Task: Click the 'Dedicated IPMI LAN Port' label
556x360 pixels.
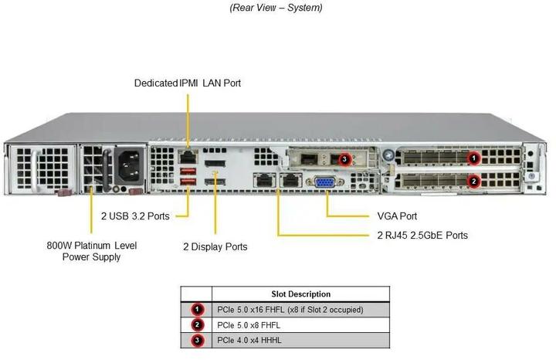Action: pyautogui.click(x=192, y=83)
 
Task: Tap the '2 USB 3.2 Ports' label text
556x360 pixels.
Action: pyautogui.click(x=136, y=216)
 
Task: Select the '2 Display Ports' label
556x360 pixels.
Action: pyautogui.click(x=215, y=246)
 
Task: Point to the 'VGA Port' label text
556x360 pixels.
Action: pyautogui.click(x=398, y=216)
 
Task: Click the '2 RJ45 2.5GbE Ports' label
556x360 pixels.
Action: pyautogui.click(x=422, y=235)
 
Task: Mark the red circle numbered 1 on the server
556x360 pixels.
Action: pyautogui.click(x=475, y=158)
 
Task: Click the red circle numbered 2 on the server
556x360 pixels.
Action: pyautogui.click(x=475, y=182)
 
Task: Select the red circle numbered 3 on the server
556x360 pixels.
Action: pyautogui.click(x=346, y=159)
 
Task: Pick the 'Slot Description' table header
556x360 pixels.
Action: pyautogui.click(x=301, y=294)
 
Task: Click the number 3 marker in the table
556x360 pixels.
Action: pyautogui.click(x=197, y=340)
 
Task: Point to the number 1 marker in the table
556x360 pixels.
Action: pyautogui.click(x=197, y=309)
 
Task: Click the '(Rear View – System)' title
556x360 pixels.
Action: pyautogui.click(x=276, y=8)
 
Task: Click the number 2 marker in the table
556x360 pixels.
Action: pyautogui.click(x=197, y=324)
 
